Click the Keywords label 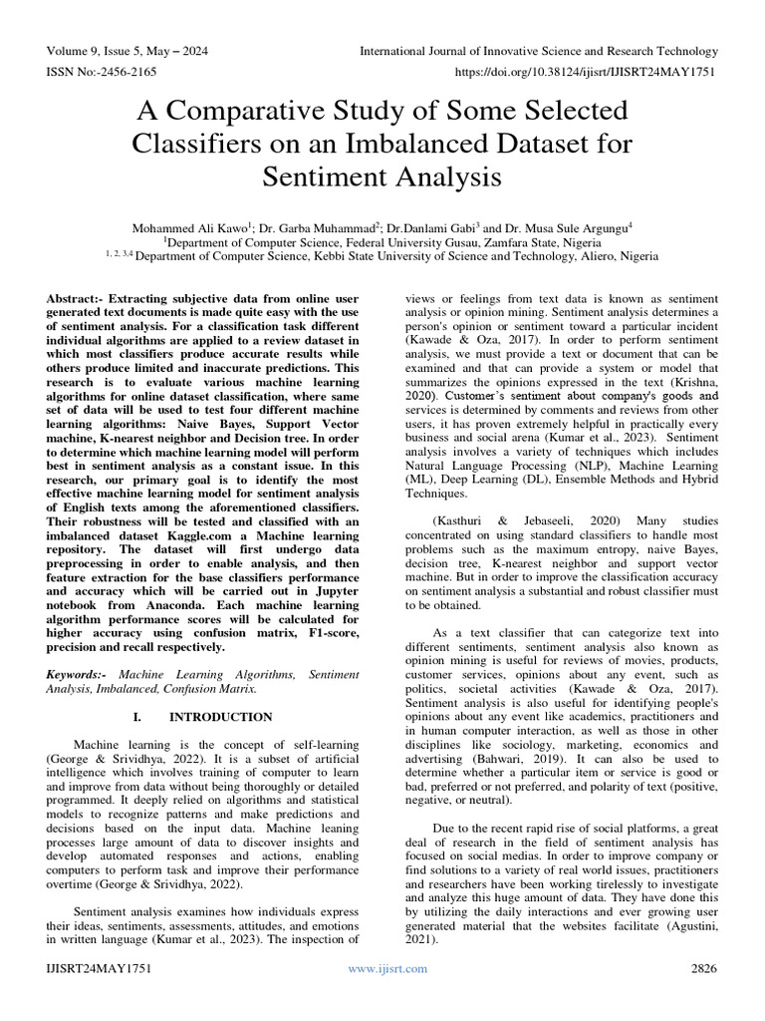point(78,675)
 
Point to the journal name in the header point(538,51)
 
